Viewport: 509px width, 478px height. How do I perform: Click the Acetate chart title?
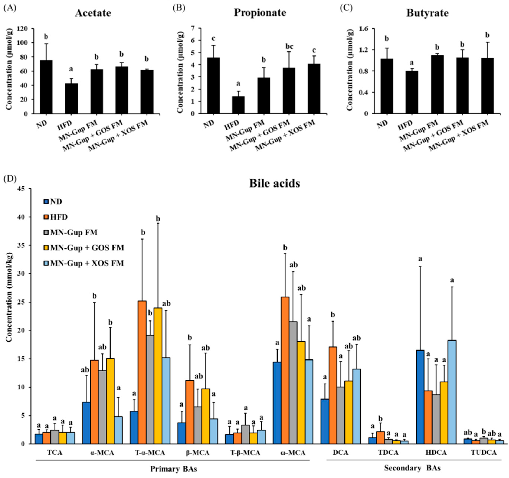[x=93, y=13]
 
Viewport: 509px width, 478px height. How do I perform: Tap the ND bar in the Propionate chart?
[x=213, y=86]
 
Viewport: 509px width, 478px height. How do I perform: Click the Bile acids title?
[x=275, y=183]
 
